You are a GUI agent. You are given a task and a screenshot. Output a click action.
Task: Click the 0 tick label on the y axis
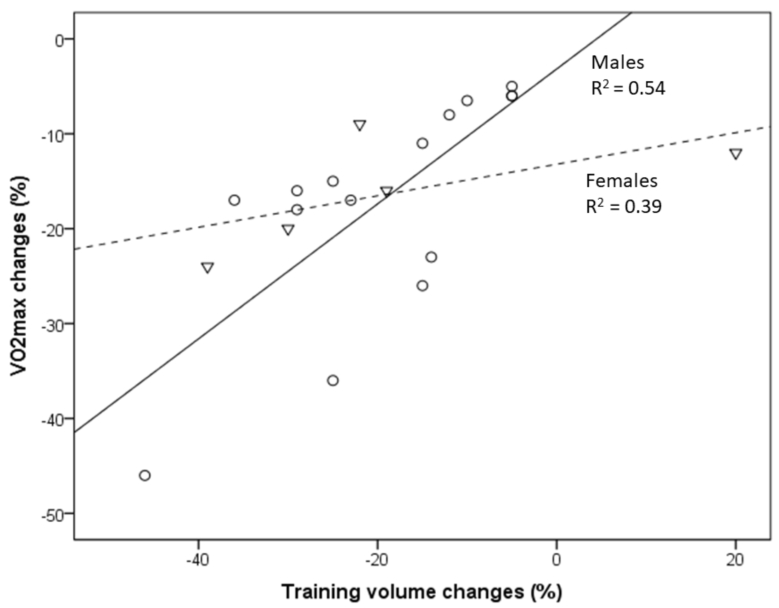(x=59, y=40)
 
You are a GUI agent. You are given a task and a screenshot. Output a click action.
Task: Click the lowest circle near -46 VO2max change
(x=145, y=476)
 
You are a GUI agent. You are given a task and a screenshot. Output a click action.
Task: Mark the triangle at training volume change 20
(x=736, y=154)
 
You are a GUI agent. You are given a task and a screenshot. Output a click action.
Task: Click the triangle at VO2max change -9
(x=359, y=125)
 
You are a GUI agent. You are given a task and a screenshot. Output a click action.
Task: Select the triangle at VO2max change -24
(x=207, y=267)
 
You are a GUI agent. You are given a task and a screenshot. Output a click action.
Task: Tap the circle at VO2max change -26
(x=422, y=286)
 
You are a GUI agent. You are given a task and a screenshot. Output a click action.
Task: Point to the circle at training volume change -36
(x=234, y=200)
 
